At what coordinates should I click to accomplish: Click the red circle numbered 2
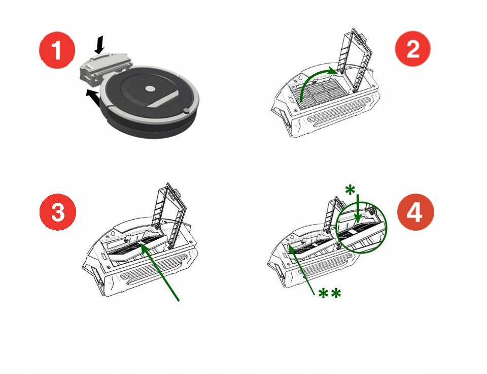pyautogui.click(x=412, y=49)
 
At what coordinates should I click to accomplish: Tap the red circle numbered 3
pyautogui.click(x=57, y=213)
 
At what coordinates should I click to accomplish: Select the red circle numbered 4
pyautogui.click(x=415, y=213)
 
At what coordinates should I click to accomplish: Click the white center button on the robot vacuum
pyautogui.click(x=150, y=89)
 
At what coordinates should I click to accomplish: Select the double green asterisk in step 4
pyautogui.click(x=329, y=294)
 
